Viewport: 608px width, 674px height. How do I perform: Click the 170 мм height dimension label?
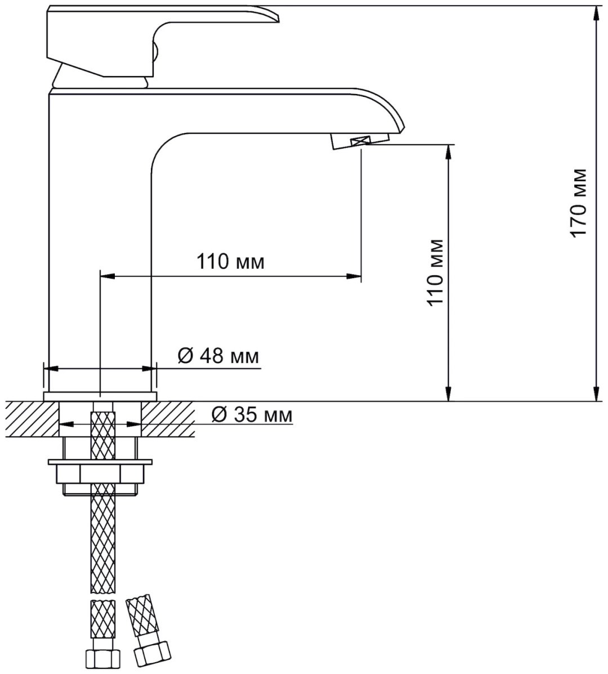[578, 202]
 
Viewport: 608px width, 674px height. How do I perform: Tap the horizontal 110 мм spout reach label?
[230, 261]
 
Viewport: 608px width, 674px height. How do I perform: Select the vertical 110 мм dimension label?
[435, 271]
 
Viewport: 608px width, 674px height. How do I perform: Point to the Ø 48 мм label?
[218, 356]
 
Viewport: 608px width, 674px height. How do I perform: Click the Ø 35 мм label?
[252, 414]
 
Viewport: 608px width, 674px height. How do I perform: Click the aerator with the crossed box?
[360, 141]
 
